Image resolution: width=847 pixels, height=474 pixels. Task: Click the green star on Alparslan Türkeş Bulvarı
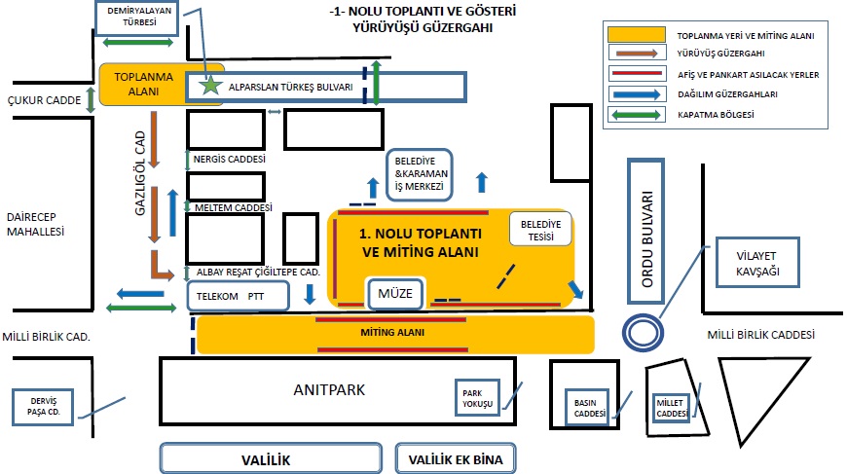[x=210, y=85]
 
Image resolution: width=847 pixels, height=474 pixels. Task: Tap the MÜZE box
[x=395, y=294]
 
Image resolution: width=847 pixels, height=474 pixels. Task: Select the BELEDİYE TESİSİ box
[x=540, y=230]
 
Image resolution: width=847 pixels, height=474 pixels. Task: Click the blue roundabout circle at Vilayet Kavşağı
[x=643, y=333]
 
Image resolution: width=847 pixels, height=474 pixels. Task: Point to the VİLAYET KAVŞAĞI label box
[x=757, y=262]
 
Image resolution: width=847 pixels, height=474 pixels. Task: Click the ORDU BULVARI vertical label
[x=646, y=239]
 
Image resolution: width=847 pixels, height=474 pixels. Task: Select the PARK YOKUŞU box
[x=477, y=398]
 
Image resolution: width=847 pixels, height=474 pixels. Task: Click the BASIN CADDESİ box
[x=587, y=408]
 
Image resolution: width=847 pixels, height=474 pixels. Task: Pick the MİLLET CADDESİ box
[x=671, y=408]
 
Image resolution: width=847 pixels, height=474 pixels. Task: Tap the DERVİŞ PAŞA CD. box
[x=43, y=407]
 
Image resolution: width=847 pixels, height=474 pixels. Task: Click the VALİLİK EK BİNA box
[x=456, y=458]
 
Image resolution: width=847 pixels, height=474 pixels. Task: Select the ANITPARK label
[x=329, y=389]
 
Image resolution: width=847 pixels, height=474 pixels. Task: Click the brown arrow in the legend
[x=637, y=54]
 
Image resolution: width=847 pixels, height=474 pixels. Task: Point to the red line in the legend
[x=637, y=73]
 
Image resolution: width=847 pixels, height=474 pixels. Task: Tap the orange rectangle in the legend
[x=637, y=34]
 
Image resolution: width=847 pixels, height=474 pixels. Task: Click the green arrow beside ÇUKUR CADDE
[x=91, y=100]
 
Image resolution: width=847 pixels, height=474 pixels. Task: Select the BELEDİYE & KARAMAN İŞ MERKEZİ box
[x=420, y=175]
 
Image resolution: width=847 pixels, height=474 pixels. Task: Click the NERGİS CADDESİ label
[x=230, y=160]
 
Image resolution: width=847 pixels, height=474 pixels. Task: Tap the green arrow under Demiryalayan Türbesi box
[x=137, y=42]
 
